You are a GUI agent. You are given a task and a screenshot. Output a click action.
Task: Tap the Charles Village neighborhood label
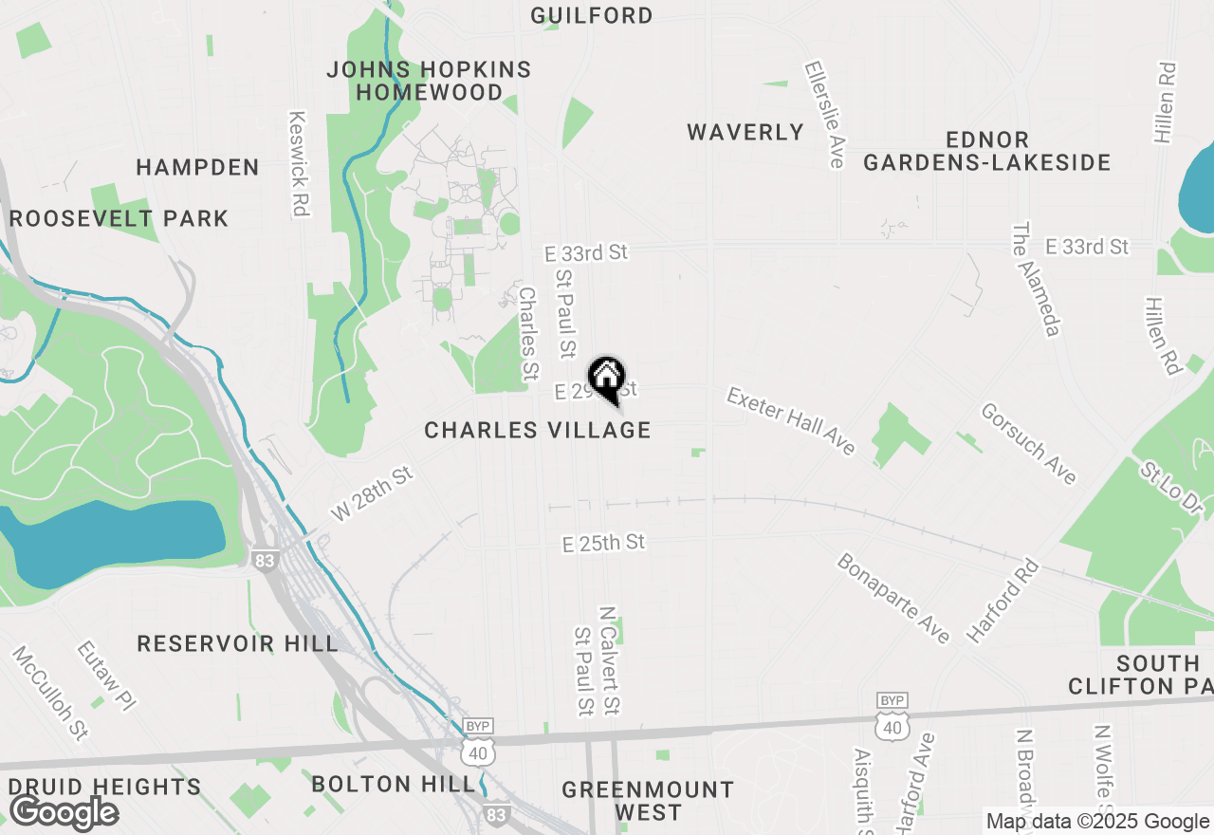(538, 430)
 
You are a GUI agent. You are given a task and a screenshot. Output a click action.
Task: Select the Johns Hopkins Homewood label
(430, 81)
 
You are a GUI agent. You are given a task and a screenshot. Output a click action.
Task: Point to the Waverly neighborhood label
(745, 132)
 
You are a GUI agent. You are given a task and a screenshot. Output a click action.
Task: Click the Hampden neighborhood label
(197, 168)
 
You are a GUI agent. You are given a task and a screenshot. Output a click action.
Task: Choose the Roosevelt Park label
(120, 218)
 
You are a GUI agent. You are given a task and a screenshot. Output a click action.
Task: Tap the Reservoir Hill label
(237, 643)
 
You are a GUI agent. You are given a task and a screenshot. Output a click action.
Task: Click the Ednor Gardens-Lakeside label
(986, 151)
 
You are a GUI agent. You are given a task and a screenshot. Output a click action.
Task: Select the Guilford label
(592, 15)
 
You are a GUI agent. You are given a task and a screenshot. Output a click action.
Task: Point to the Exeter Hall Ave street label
(792, 420)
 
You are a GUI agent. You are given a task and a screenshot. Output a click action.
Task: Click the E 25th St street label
(603, 543)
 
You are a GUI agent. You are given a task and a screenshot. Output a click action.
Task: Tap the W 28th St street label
(373, 492)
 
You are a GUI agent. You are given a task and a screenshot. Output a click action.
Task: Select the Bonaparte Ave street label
(893, 599)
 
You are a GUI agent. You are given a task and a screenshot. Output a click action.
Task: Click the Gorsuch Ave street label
(1029, 443)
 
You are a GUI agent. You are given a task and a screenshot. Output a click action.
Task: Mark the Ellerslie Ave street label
(823, 115)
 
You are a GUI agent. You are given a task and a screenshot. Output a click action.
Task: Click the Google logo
(64, 813)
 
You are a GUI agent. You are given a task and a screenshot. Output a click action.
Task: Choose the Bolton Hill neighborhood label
(394, 784)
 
